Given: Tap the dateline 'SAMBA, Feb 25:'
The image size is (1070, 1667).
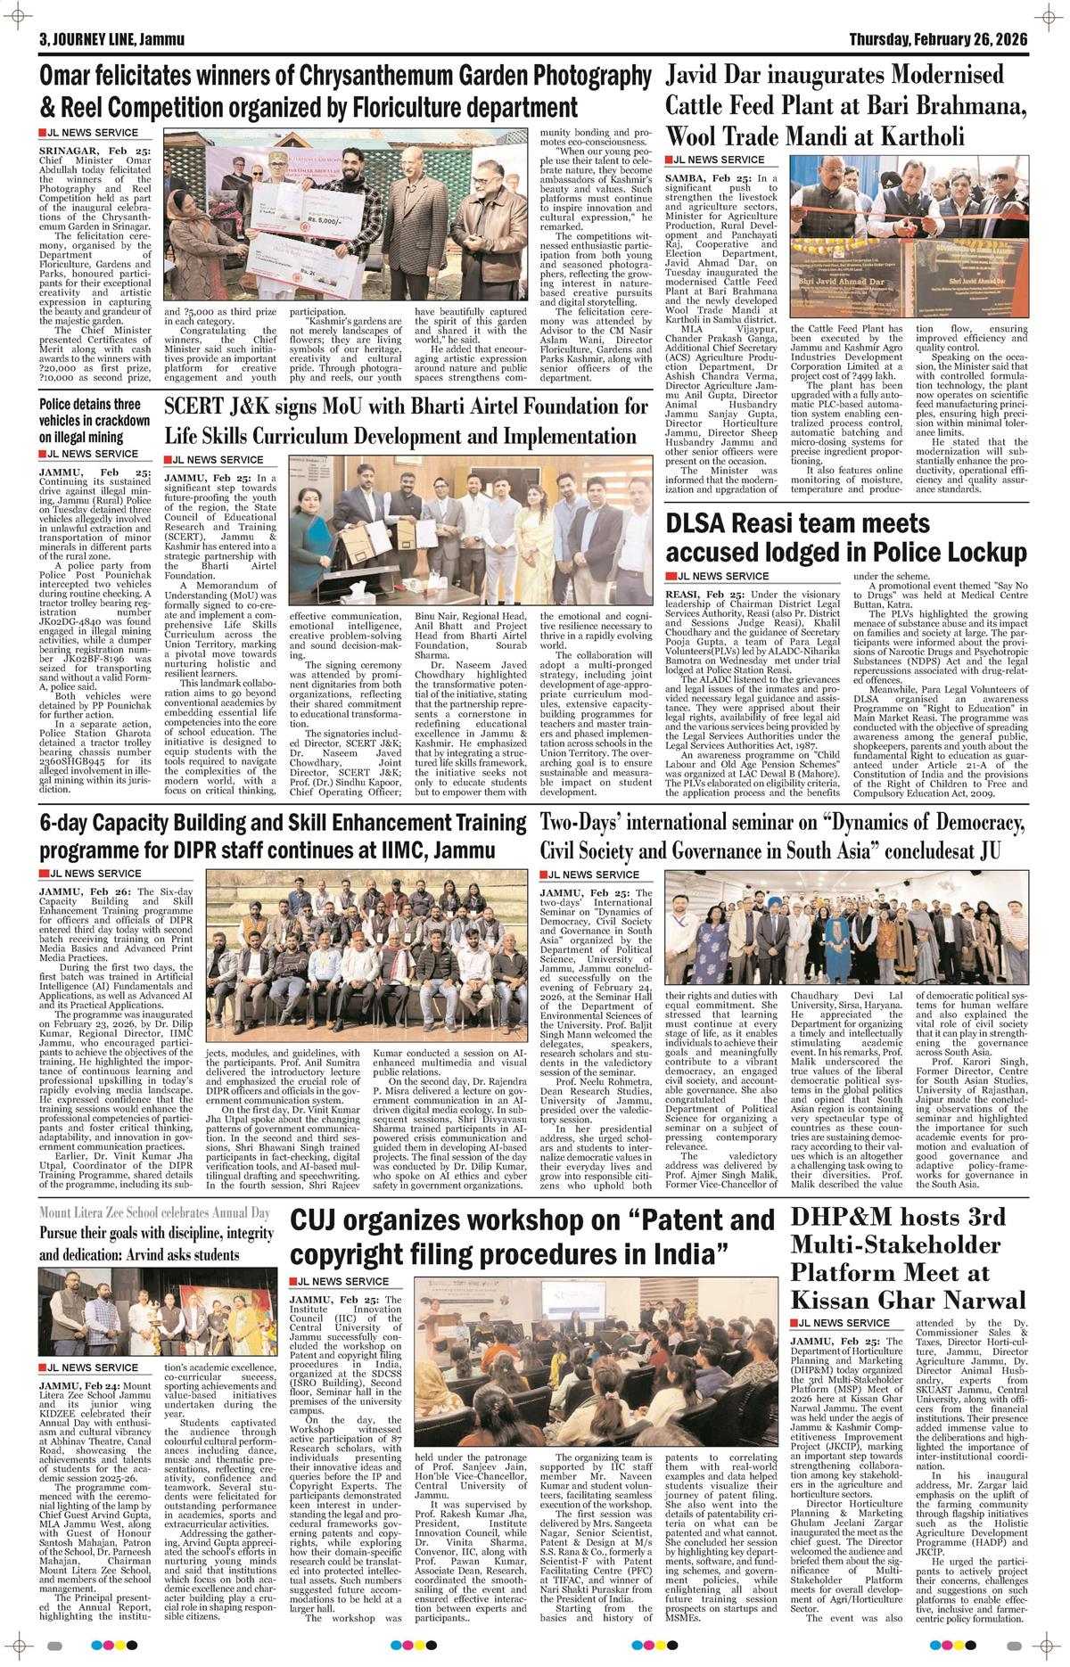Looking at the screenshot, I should (x=710, y=179).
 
